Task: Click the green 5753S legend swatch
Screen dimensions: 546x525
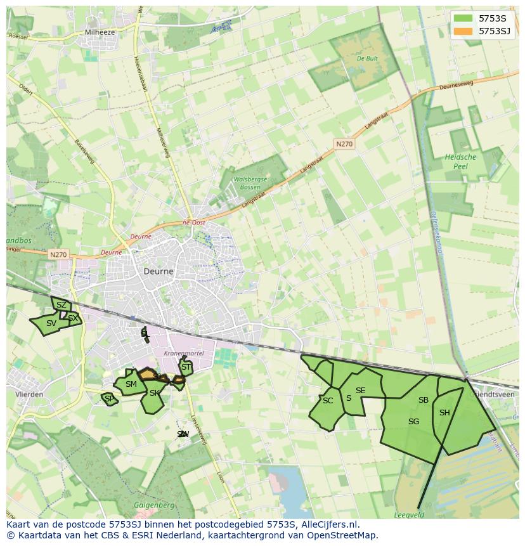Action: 463,18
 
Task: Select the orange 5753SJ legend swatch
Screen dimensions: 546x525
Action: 463,30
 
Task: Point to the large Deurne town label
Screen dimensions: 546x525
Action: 159,271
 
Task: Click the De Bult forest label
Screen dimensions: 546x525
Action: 367,58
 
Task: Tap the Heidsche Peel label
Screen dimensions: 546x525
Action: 460,161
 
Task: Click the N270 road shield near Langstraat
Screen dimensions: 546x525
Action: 344,144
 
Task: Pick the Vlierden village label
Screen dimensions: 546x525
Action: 29,394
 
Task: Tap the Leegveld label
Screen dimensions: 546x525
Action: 409,515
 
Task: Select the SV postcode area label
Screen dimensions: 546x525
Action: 51,323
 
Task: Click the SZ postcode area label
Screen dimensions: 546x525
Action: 61,305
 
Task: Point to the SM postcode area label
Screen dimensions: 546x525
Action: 131,384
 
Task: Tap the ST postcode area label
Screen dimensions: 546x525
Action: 186,367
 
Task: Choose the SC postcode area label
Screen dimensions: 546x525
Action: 327,401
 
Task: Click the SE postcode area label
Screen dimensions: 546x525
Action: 360,391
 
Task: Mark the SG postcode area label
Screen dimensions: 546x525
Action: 413,422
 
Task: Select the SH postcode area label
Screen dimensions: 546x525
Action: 444,413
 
